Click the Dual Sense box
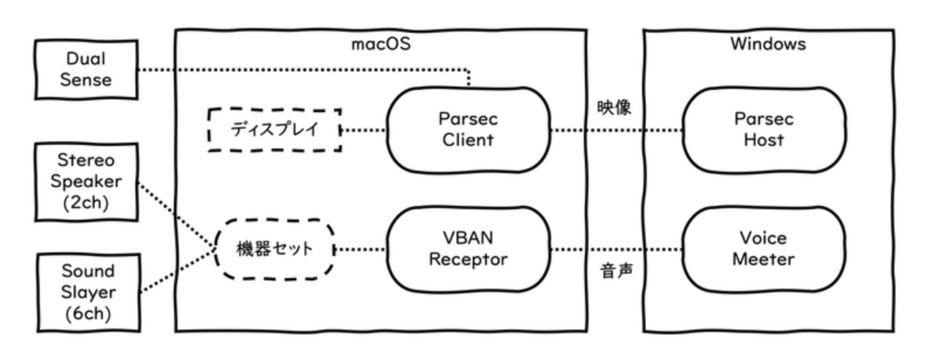86,70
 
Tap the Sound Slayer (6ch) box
86,292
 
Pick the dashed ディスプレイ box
274,130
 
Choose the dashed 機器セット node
275,249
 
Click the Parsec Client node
467,129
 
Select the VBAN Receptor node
467,249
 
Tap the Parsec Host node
763,129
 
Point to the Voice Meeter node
763,249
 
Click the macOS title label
380,44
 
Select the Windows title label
767,44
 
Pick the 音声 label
614,274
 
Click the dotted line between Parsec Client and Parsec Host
615,131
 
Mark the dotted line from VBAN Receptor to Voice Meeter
615,250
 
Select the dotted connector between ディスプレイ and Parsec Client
364,131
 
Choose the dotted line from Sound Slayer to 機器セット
176,273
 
